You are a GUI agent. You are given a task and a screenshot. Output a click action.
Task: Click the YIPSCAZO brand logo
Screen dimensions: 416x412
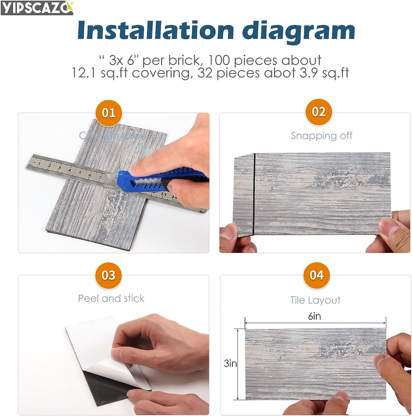[37, 8]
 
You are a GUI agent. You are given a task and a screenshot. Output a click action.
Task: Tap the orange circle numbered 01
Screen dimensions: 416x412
[109, 113]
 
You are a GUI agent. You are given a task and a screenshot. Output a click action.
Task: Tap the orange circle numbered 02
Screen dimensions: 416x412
[319, 112]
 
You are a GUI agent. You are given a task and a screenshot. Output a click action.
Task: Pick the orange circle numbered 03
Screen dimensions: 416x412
[108, 275]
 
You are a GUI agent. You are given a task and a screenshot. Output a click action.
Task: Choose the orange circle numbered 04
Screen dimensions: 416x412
[316, 275]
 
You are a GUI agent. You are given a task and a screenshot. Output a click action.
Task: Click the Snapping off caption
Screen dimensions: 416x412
[322, 136]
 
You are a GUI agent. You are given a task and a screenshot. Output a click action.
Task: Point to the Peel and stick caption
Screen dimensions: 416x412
[111, 298]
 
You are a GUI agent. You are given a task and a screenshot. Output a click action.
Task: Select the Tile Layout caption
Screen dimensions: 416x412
[315, 300]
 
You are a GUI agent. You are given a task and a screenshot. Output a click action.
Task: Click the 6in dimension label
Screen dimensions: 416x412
[315, 316]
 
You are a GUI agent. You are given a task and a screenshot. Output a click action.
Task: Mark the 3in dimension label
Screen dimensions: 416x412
[230, 363]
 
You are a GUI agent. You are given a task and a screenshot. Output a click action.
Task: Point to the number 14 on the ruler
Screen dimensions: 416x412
[174, 197]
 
